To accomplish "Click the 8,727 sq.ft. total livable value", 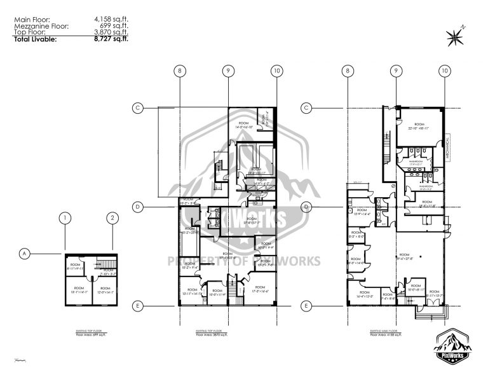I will [x=111, y=39].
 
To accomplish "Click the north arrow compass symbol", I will [x=456, y=36].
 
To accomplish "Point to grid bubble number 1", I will [x=64, y=218].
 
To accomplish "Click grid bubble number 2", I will [x=112, y=218].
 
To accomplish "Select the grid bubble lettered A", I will [x=24, y=254].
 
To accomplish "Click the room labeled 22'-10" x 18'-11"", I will [x=419, y=127].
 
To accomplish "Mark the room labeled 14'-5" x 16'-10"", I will [x=243, y=125].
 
